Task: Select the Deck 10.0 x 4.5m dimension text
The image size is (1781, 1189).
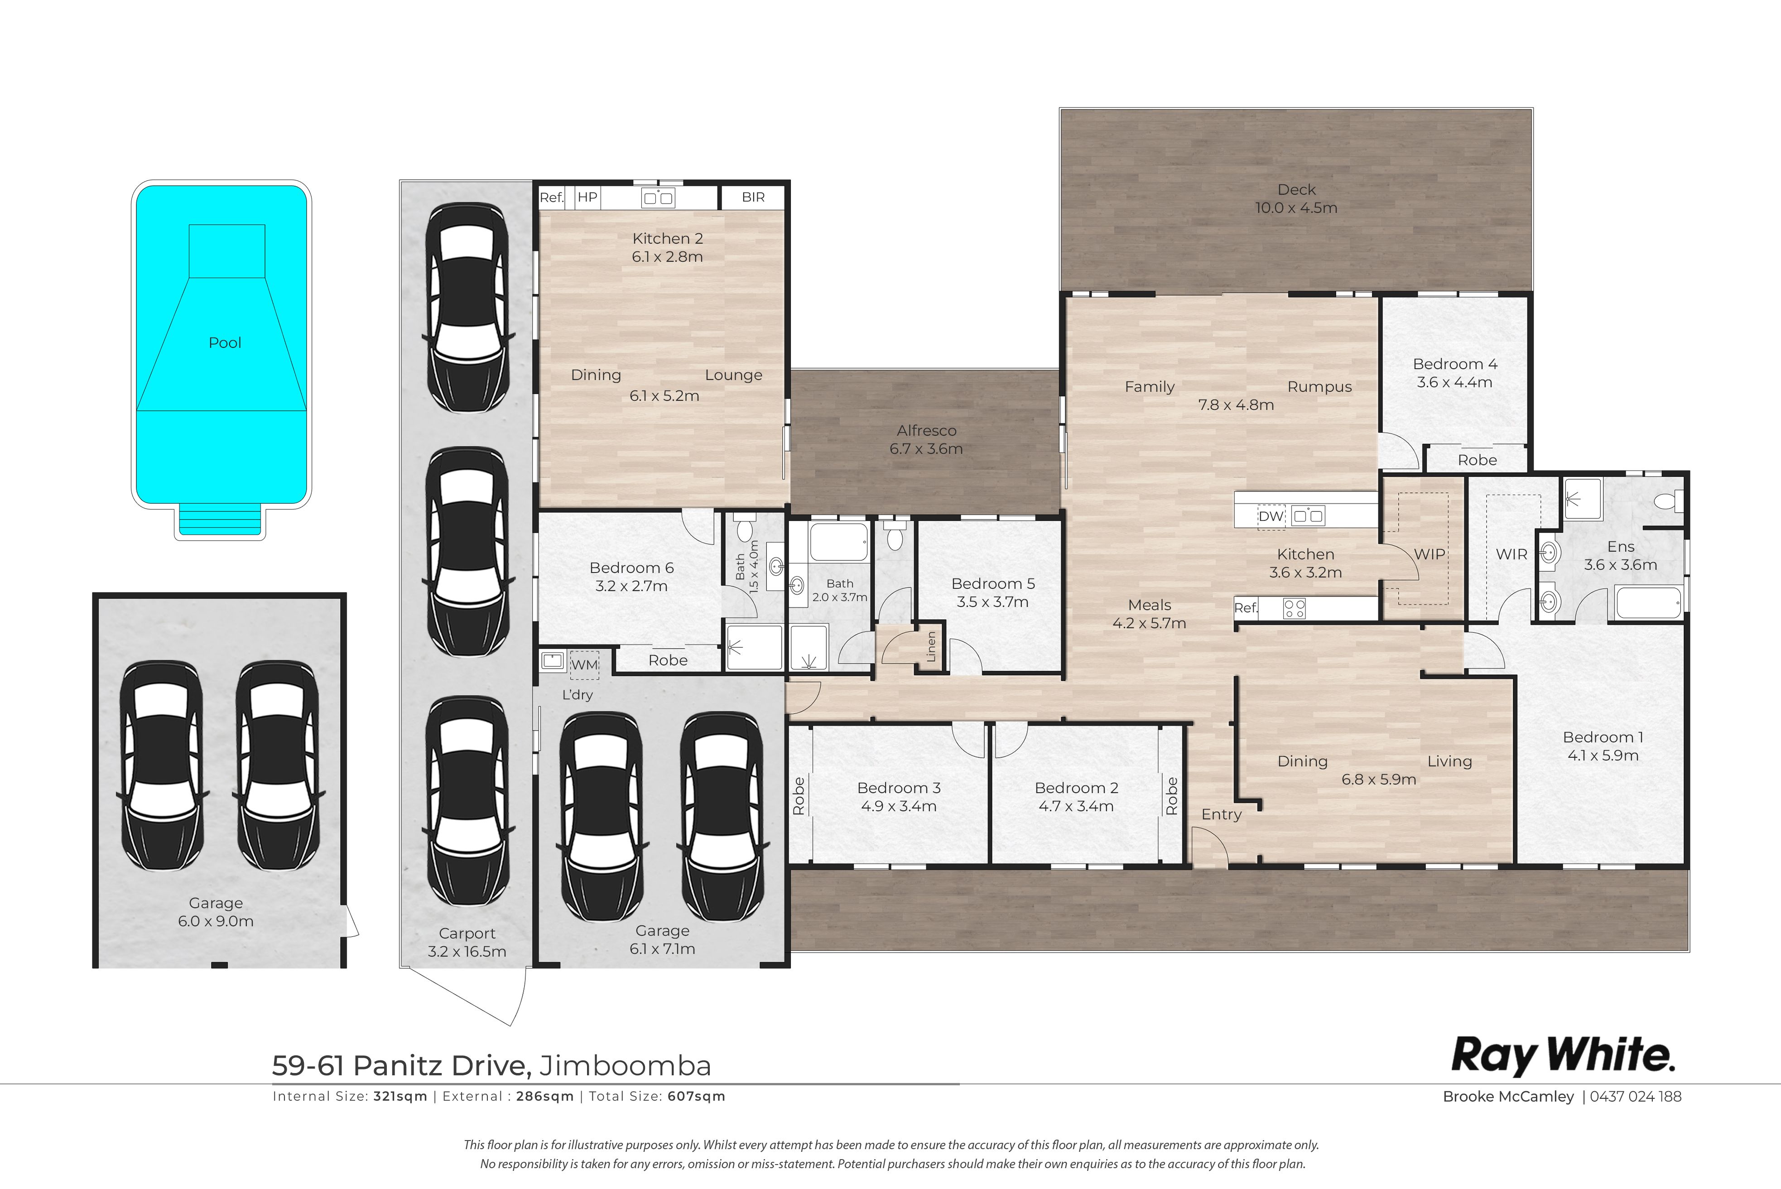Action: coord(1296,208)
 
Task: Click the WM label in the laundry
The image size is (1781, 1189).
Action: coord(585,665)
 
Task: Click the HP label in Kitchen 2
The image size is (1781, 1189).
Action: coord(587,197)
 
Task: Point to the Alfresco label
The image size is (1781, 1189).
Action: coord(927,431)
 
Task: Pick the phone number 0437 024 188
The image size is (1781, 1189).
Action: coord(1636,1097)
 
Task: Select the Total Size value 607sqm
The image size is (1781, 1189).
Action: coord(696,1097)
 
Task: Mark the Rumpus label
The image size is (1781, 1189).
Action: coord(1319,387)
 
